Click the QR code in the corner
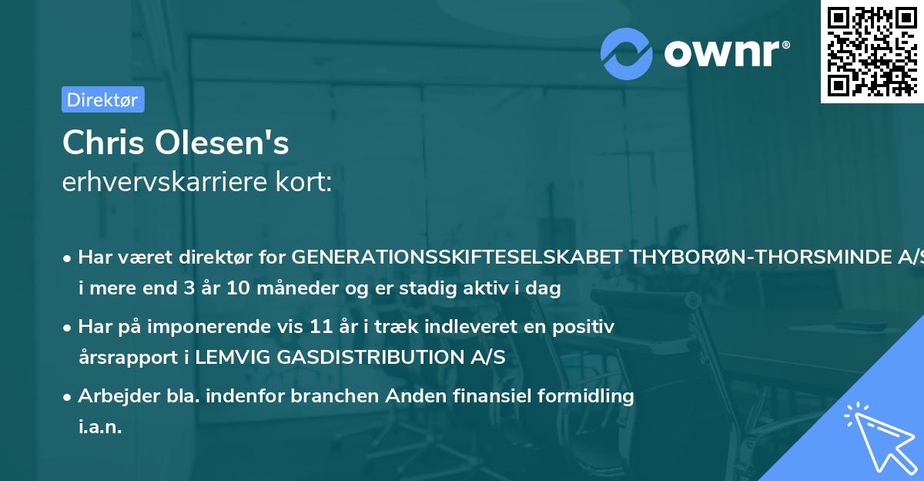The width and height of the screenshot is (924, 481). coord(872,51)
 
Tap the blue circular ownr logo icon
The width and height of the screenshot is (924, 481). coord(626,53)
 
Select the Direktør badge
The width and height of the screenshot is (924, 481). coord(102,99)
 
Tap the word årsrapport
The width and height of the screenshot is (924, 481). coord(123,358)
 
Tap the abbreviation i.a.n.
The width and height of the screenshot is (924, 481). coord(100,427)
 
